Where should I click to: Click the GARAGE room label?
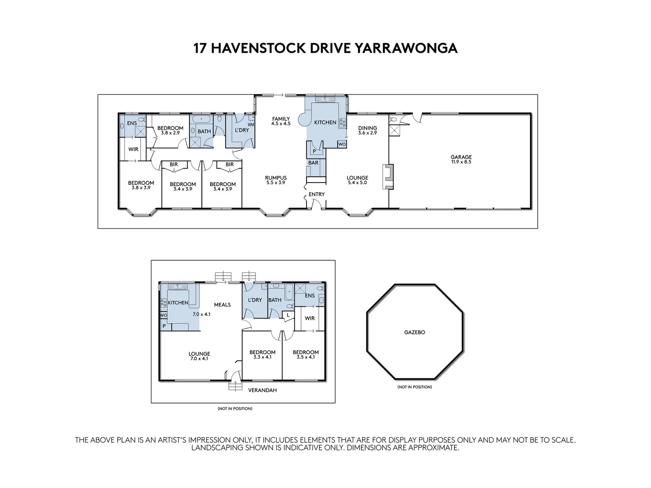461,157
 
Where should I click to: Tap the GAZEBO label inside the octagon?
415,332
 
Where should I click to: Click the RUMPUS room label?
276,178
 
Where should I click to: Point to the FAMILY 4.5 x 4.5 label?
281,121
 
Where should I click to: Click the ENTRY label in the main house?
316,194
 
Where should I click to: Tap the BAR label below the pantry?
313,163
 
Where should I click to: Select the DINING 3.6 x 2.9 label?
367,131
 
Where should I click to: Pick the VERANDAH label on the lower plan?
262,390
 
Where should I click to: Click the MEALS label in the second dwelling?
222,305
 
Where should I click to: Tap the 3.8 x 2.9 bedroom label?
170,131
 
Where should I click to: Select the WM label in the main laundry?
250,124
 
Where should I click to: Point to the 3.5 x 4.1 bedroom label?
306,355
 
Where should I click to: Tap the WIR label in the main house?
133,149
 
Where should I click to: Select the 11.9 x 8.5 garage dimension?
461,162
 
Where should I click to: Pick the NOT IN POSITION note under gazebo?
415,387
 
